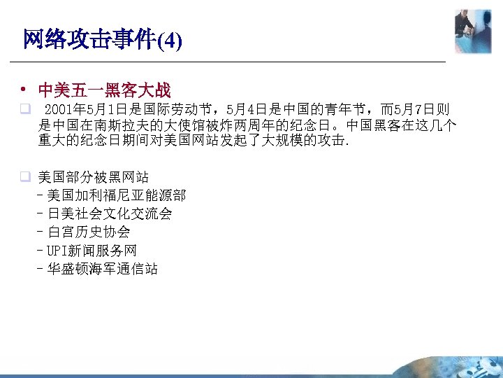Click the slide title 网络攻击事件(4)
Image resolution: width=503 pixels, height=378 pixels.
[x=102, y=40]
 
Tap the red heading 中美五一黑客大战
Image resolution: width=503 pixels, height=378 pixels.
[x=104, y=90]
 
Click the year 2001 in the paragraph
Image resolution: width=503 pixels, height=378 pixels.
[x=58, y=110]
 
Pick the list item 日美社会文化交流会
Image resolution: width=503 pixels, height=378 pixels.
[x=110, y=213]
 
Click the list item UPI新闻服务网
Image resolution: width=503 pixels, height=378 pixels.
[x=92, y=250]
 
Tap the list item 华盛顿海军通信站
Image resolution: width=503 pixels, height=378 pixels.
[x=103, y=268]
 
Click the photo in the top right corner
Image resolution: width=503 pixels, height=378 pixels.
[x=473, y=31]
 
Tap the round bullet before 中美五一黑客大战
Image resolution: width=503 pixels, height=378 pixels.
[x=23, y=90]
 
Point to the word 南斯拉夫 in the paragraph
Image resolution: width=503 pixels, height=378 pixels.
[x=118, y=126]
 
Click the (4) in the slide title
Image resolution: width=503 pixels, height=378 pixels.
[x=170, y=41]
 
